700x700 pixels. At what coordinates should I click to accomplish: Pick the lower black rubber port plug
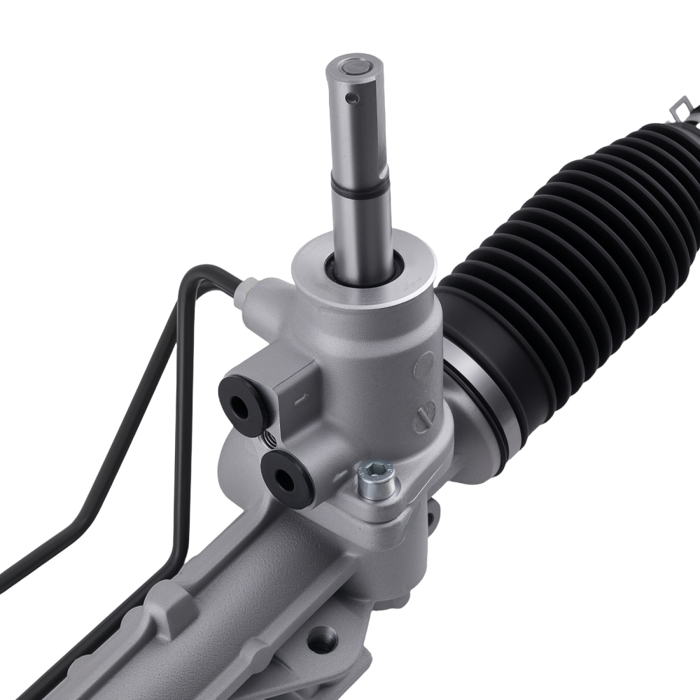pyautogui.click(x=288, y=479)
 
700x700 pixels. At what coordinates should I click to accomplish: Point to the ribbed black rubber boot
pyautogui.click(x=574, y=266)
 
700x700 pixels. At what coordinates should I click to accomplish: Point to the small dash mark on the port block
pyautogui.click(x=299, y=400)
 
